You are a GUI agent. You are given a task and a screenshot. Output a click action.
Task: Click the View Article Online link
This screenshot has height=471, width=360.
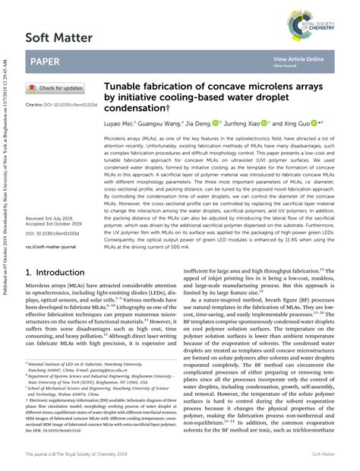pyautogui.click(x=298, y=58)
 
